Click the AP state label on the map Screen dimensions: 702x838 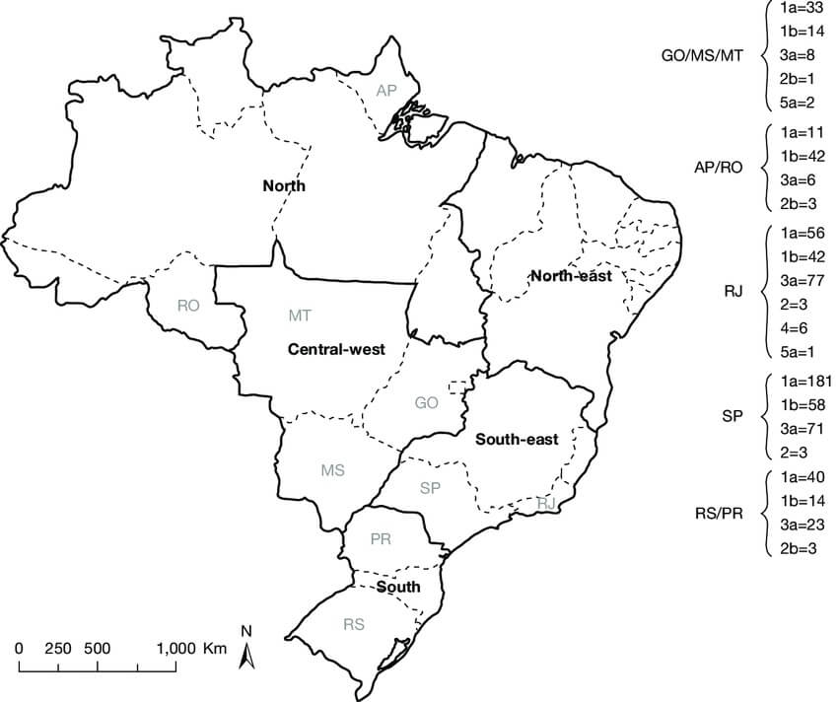(386, 91)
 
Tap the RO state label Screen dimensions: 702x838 (188, 306)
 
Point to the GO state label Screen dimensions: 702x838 (426, 402)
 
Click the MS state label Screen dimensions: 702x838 (332, 470)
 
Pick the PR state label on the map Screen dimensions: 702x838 (382, 539)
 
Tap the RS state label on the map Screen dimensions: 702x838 (354, 624)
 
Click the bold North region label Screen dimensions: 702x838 (284, 185)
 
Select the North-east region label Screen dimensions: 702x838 (570, 276)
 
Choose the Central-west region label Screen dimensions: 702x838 (335, 349)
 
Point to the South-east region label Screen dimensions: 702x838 (517, 440)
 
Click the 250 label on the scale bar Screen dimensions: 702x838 (58, 648)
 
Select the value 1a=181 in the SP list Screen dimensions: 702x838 (806, 381)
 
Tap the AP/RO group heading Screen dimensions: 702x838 (718, 167)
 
